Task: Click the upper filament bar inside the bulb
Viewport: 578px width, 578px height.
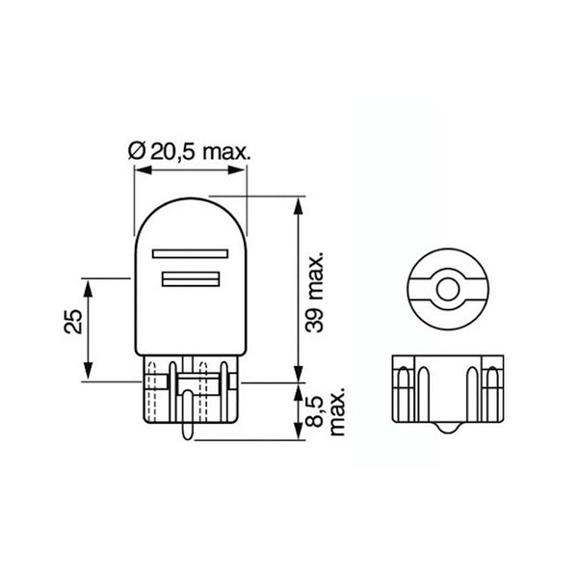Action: coord(189,256)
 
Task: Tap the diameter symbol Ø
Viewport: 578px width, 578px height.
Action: coord(136,151)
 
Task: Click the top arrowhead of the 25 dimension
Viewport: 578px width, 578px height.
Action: coord(88,286)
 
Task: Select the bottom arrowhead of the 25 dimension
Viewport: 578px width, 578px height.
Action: coord(88,374)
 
